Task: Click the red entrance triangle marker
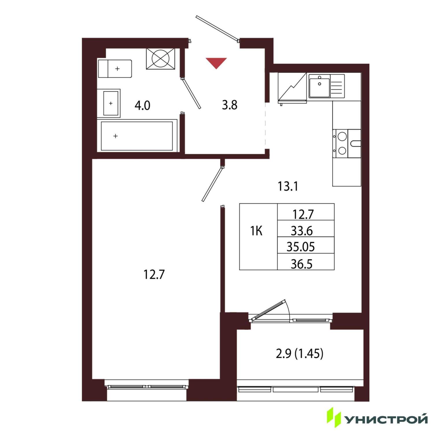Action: click(x=216, y=62)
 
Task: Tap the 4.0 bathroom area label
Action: click(x=143, y=106)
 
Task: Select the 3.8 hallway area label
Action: click(x=230, y=105)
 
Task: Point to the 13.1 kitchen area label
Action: click(x=288, y=186)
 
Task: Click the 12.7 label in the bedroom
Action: click(x=154, y=274)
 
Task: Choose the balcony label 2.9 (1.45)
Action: click(x=300, y=354)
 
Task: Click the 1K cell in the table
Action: click(x=256, y=231)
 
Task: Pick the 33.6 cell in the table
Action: click(x=302, y=231)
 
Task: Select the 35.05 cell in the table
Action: click(x=301, y=247)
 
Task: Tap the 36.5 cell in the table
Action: click(x=302, y=264)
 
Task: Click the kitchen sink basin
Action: click(x=320, y=86)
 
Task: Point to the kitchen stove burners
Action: click(x=342, y=143)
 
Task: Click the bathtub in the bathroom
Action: click(x=137, y=136)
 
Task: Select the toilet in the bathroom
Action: click(x=115, y=69)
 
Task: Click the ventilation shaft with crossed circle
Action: click(x=161, y=59)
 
